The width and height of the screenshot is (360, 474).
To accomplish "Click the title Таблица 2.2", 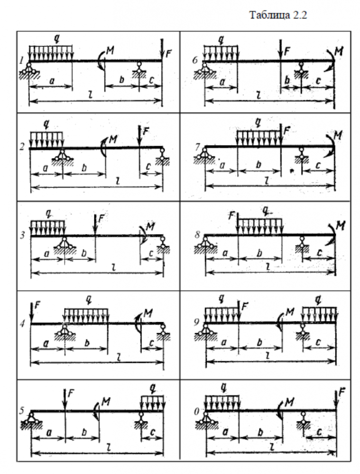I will [x=278, y=16].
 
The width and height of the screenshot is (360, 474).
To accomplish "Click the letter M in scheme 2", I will [x=113, y=139].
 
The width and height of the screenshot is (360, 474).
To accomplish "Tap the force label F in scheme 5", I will [x=71, y=392].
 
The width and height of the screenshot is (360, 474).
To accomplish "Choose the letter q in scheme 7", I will [x=258, y=122].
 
